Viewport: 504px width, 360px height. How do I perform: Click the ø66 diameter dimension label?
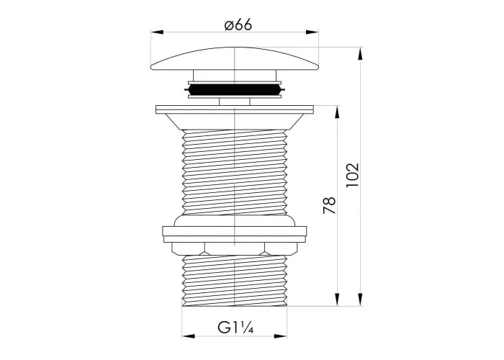click(x=238, y=25)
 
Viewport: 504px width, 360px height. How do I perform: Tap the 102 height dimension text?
click(x=352, y=176)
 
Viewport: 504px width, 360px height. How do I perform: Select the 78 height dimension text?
click(x=330, y=206)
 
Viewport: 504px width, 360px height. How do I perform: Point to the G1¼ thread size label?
click(x=235, y=328)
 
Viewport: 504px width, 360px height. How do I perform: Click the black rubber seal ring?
click(x=235, y=90)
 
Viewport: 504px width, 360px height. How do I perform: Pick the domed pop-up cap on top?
click(x=235, y=59)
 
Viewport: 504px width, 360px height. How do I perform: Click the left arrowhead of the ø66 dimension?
click(x=157, y=32)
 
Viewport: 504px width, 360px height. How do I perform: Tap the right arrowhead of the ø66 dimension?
click(x=312, y=32)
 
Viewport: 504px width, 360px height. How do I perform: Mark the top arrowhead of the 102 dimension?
click(x=361, y=53)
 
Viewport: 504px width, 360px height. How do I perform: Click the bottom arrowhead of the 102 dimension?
click(x=361, y=300)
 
